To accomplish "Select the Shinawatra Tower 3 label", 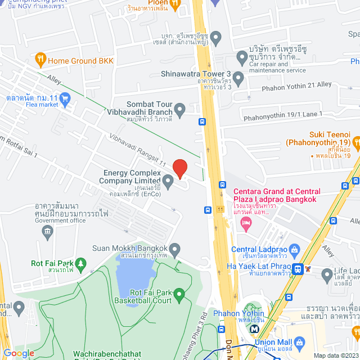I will pyautogui.click(x=196, y=74).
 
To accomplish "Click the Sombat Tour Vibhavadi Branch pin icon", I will pyautogui.click(x=180, y=110).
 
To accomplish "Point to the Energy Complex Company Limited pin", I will pyautogui.click(x=168, y=178).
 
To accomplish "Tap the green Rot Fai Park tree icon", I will pyautogui.click(x=82, y=263).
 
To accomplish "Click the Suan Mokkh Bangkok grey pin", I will pyautogui.click(x=175, y=249).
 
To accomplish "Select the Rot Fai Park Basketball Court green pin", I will pyautogui.click(x=179, y=294).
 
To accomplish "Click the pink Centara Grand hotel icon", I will pyautogui.click(x=245, y=224).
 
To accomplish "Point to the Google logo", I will pyautogui.click(x=19, y=353).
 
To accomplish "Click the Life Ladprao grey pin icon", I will pyautogui.click(x=327, y=275).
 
